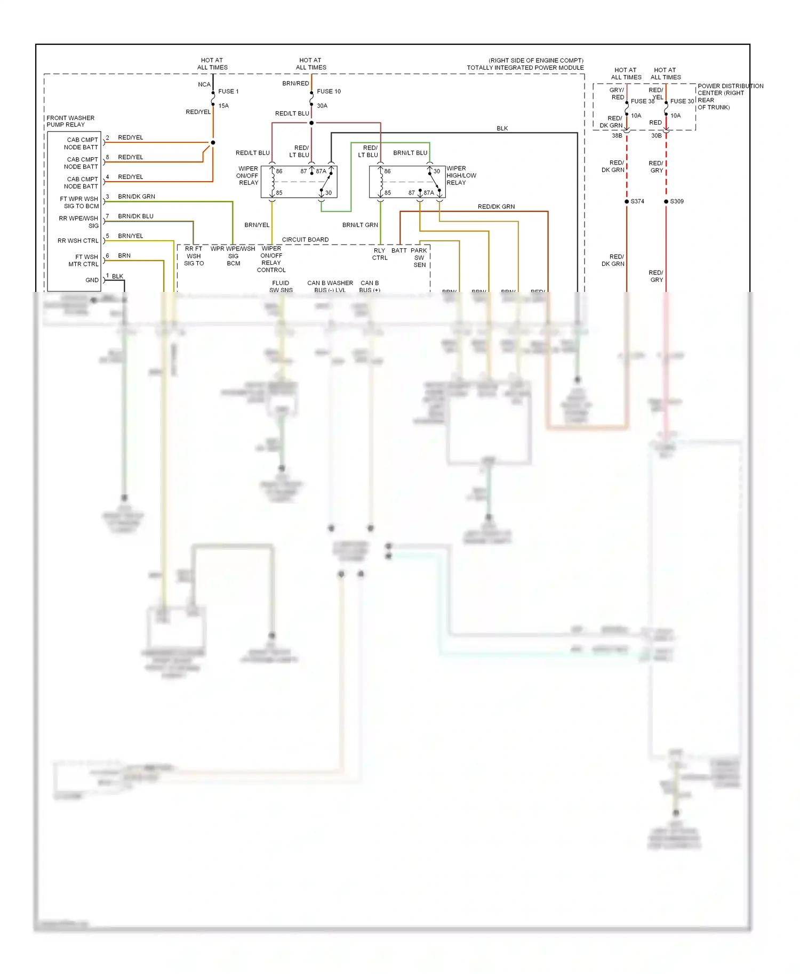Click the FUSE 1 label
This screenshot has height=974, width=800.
click(228, 91)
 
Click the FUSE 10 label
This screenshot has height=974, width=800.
click(329, 91)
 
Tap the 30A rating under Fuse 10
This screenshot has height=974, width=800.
click(322, 105)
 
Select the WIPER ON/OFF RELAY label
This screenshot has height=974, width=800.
click(248, 175)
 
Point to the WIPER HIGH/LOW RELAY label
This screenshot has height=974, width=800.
click(461, 175)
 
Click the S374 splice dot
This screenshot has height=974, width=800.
click(627, 201)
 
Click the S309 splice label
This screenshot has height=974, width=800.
click(677, 201)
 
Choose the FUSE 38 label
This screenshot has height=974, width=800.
click(642, 101)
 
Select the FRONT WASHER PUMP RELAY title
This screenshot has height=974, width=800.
click(70, 121)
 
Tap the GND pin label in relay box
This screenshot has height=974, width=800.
click(92, 280)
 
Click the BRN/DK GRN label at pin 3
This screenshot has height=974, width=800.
click(137, 196)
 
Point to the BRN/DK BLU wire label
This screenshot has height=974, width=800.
click(135, 216)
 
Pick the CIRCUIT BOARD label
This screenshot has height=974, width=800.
click(305, 239)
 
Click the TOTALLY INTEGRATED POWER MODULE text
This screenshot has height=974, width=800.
click(525, 68)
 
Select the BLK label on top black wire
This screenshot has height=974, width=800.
click(502, 128)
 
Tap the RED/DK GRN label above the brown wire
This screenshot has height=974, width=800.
click(496, 207)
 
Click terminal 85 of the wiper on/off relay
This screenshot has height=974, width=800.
click(278, 193)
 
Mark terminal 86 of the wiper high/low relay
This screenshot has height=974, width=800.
click(387, 172)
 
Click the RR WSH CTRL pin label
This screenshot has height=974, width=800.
click(78, 241)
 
